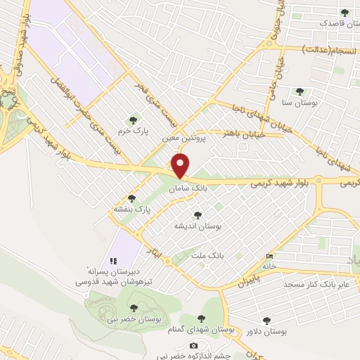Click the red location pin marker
(181, 166)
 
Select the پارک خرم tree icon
(132, 120)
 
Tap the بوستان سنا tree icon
(300, 91)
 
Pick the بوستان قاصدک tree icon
(345, 12)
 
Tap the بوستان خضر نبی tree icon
(134, 307)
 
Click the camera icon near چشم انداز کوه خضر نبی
(193, 345)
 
